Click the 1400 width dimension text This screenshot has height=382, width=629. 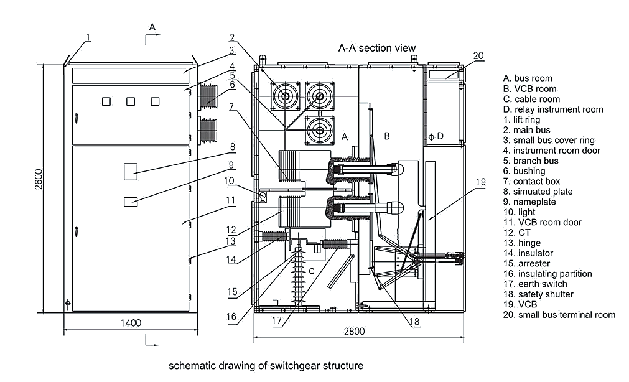click(x=131, y=322)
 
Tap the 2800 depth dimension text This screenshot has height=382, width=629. click(x=354, y=332)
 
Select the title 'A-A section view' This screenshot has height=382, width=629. click(x=376, y=48)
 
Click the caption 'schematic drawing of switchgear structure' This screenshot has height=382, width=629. click(x=266, y=365)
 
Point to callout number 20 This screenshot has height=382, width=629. click(x=477, y=55)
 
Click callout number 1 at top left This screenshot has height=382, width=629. click(x=88, y=37)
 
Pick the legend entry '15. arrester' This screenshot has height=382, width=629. click(x=526, y=263)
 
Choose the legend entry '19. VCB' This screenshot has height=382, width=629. click(x=520, y=304)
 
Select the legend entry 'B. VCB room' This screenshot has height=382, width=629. click(x=530, y=89)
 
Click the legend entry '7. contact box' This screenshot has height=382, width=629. click(x=532, y=181)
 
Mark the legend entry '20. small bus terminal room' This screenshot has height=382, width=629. click(x=559, y=315)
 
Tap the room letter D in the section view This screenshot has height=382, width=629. click(x=440, y=136)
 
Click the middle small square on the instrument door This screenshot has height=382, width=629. click(x=131, y=101)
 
